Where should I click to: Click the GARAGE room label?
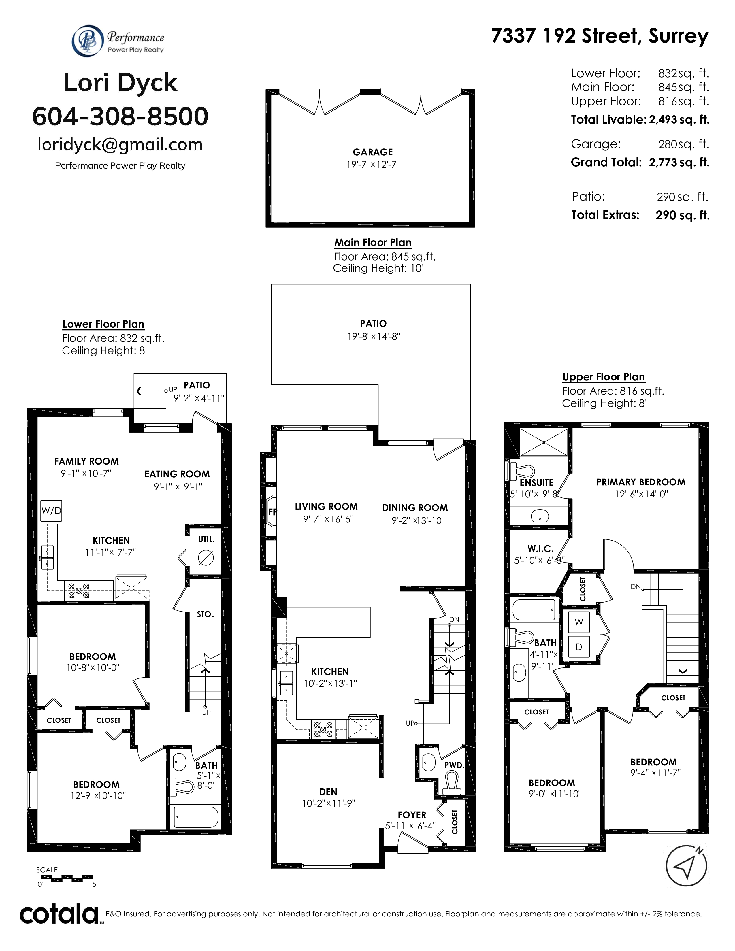pos(373,152)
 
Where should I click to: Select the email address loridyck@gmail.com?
pos(120,145)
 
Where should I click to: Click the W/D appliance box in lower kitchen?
pos(51,510)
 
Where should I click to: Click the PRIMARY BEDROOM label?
pos(640,482)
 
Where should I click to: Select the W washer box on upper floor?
pos(579,622)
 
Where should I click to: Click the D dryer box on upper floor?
pos(579,647)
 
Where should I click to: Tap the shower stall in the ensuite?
pos(544,442)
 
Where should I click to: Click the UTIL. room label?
pos(206,539)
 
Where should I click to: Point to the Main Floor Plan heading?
pos(373,243)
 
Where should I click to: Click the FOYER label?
pos(412,815)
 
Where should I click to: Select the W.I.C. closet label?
pos(540,549)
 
